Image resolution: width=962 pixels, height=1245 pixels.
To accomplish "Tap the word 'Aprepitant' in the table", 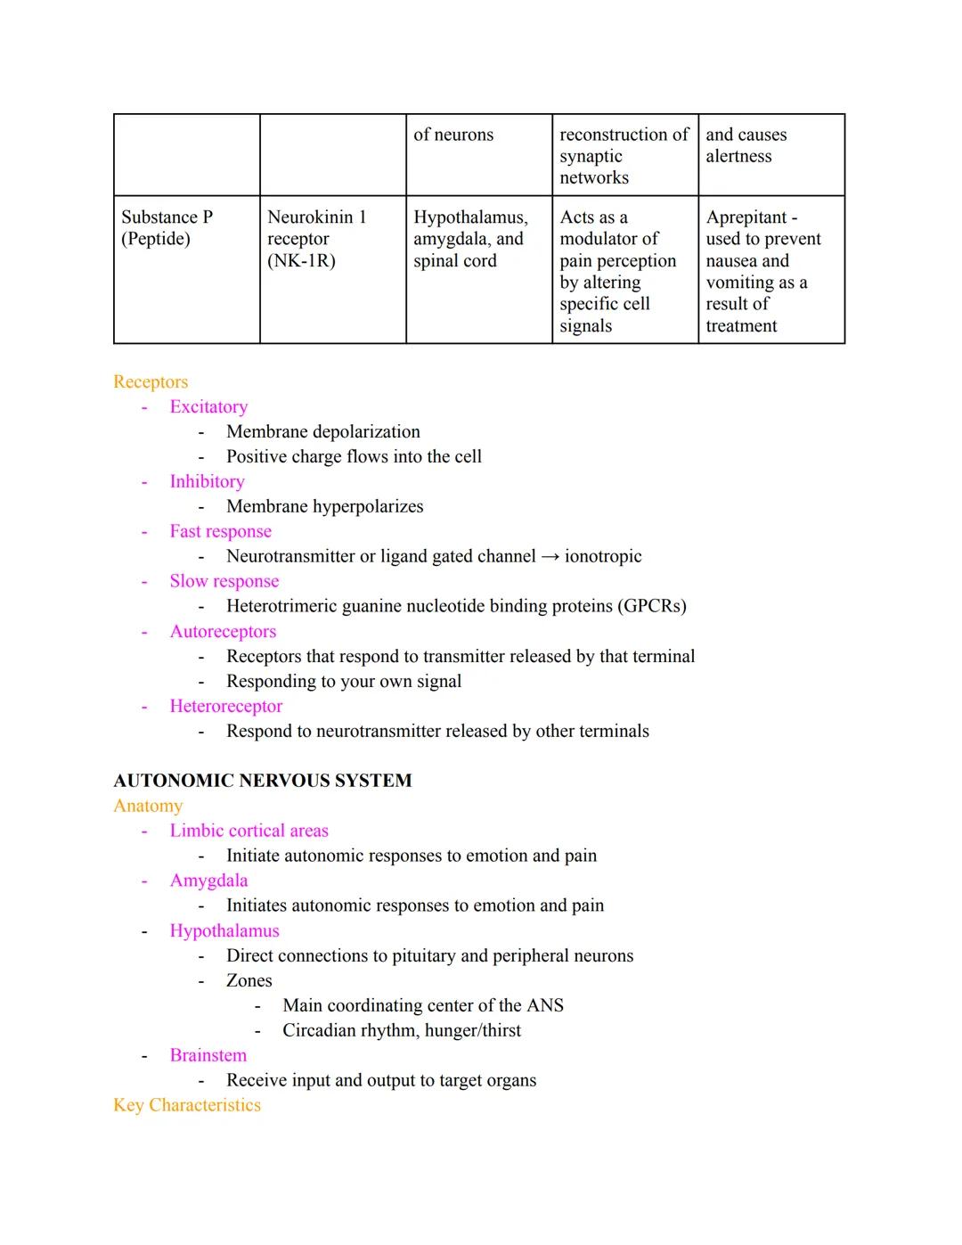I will [x=746, y=217].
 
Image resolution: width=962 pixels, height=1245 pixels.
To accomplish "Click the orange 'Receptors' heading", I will [x=151, y=381].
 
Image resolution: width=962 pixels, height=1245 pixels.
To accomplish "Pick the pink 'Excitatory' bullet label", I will [x=208, y=406].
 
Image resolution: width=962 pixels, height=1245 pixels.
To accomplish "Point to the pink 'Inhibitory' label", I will [x=207, y=481].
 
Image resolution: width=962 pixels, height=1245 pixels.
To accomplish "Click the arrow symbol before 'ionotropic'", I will [x=550, y=557].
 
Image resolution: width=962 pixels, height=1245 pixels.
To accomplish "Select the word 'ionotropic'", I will [x=603, y=556].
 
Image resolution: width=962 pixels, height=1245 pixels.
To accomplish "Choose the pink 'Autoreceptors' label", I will [x=223, y=631].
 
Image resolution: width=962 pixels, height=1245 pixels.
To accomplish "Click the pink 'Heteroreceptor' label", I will [x=226, y=706].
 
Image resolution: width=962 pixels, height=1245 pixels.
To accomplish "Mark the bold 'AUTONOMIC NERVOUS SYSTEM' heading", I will [x=263, y=781].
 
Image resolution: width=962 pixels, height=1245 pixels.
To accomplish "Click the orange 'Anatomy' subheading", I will [x=148, y=806].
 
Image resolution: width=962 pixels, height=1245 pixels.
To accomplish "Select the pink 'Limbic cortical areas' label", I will [x=249, y=831].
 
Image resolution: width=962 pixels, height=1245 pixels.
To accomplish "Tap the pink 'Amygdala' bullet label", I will [x=208, y=881].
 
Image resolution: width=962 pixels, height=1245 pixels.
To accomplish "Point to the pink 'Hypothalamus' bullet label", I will [x=224, y=930].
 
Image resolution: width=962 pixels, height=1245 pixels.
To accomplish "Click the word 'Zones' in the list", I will [x=249, y=980].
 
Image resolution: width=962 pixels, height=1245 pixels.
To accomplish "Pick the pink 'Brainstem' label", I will [x=208, y=1055].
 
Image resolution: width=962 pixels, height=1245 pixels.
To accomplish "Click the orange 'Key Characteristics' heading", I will [x=187, y=1105].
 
